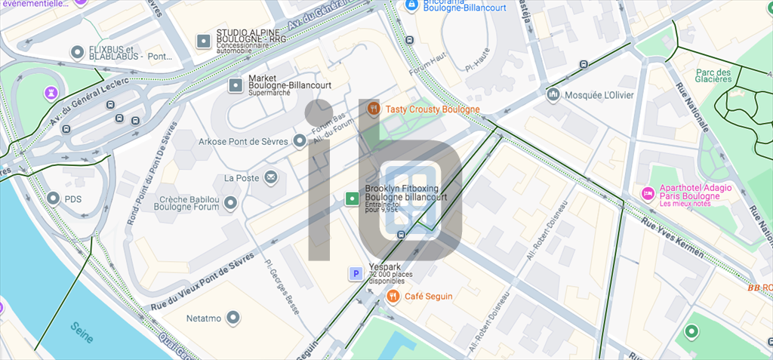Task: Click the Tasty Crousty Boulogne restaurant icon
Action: (x=373, y=109)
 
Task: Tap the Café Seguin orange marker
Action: (x=393, y=297)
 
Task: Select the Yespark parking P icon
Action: (x=354, y=274)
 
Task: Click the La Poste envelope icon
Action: (x=270, y=178)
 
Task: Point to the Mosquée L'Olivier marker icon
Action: (x=553, y=95)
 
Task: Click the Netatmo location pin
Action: (x=234, y=318)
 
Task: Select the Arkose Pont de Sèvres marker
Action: (x=300, y=141)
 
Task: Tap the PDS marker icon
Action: (x=53, y=198)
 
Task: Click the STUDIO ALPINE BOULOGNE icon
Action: (x=203, y=41)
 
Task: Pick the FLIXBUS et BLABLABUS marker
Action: (x=76, y=52)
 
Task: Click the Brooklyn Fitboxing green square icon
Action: (x=351, y=198)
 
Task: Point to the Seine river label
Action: (x=82, y=332)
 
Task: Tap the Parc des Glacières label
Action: (x=713, y=77)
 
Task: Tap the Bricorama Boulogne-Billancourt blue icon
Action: (x=412, y=5)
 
